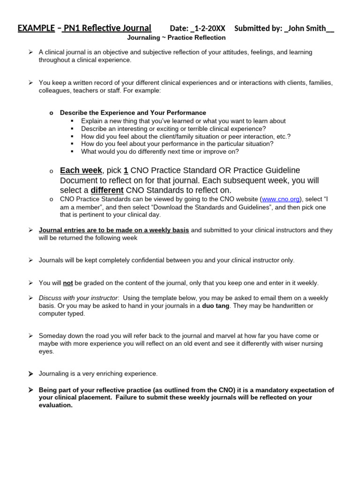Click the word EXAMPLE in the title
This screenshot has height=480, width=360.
coord(36,28)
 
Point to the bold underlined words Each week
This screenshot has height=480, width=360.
coord(81,170)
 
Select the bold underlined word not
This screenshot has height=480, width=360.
coord(68,283)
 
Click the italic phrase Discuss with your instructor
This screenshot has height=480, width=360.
coord(78,298)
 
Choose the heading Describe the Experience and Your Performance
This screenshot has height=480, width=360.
coord(133,112)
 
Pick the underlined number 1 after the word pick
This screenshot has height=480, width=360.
coord(126,170)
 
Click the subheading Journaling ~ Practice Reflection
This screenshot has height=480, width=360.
coord(176,37)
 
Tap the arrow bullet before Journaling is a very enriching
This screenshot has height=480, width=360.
coord(30,374)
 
